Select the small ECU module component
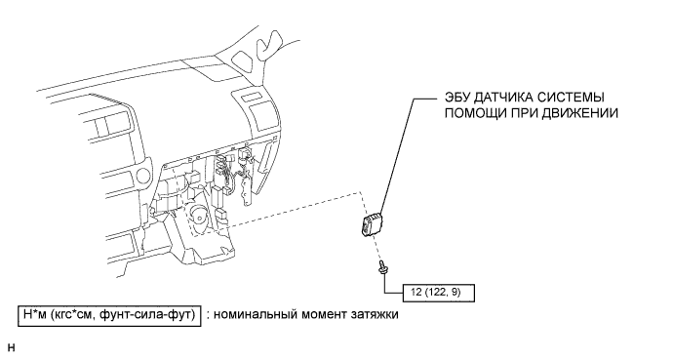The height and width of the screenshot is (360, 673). tap(373, 223)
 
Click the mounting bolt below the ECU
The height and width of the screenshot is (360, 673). tap(381, 266)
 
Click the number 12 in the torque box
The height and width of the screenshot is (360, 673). tap(416, 293)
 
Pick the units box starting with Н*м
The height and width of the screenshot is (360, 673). tap(109, 315)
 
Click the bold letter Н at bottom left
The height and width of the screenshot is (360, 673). tap(11, 347)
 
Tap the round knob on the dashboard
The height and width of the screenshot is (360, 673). tap(142, 176)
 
